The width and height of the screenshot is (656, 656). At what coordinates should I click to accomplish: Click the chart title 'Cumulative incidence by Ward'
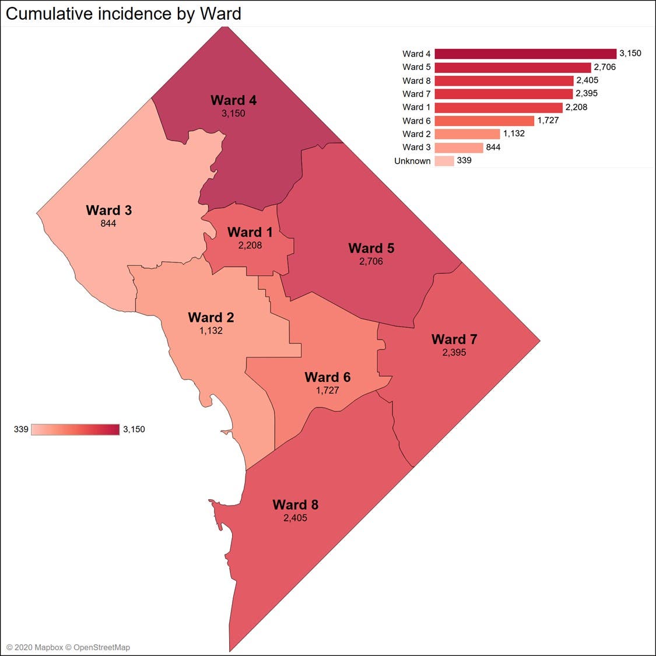point(124,14)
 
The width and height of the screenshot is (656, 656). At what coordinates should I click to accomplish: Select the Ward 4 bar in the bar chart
point(525,54)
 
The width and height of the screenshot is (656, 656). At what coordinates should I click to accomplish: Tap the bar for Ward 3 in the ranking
point(458,148)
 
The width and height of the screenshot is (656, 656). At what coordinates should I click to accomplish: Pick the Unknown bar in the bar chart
point(444,161)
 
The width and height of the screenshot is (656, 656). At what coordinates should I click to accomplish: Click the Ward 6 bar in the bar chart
point(484,121)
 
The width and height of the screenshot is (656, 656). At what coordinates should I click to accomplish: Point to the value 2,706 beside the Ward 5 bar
point(605,67)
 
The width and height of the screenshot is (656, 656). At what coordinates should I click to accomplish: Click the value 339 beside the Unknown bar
point(464,160)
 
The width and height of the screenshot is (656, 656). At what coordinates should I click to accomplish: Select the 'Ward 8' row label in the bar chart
point(416,80)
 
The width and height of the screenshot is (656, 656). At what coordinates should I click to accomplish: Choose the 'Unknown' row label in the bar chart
point(412,161)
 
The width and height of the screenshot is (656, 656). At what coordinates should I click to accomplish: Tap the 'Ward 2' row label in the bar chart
point(416,134)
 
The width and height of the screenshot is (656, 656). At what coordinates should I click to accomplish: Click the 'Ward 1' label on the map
point(250,232)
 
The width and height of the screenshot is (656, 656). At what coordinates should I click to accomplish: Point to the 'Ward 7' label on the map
point(454,339)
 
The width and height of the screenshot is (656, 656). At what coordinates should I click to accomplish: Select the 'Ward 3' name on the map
point(109,210)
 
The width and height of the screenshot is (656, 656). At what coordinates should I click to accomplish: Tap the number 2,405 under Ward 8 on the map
point(295,518)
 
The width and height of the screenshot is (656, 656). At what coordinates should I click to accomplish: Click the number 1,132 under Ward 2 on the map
point(211,331)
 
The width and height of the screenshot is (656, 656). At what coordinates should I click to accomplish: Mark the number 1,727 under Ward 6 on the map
point(328,390)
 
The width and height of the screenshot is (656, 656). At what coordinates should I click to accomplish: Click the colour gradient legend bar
point(75,430)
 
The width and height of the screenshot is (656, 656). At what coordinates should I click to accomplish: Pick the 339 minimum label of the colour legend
point(21,430)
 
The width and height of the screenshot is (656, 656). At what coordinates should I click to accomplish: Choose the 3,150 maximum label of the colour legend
point(134,430)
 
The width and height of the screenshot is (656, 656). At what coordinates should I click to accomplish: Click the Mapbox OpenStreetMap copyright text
point(68,647)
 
